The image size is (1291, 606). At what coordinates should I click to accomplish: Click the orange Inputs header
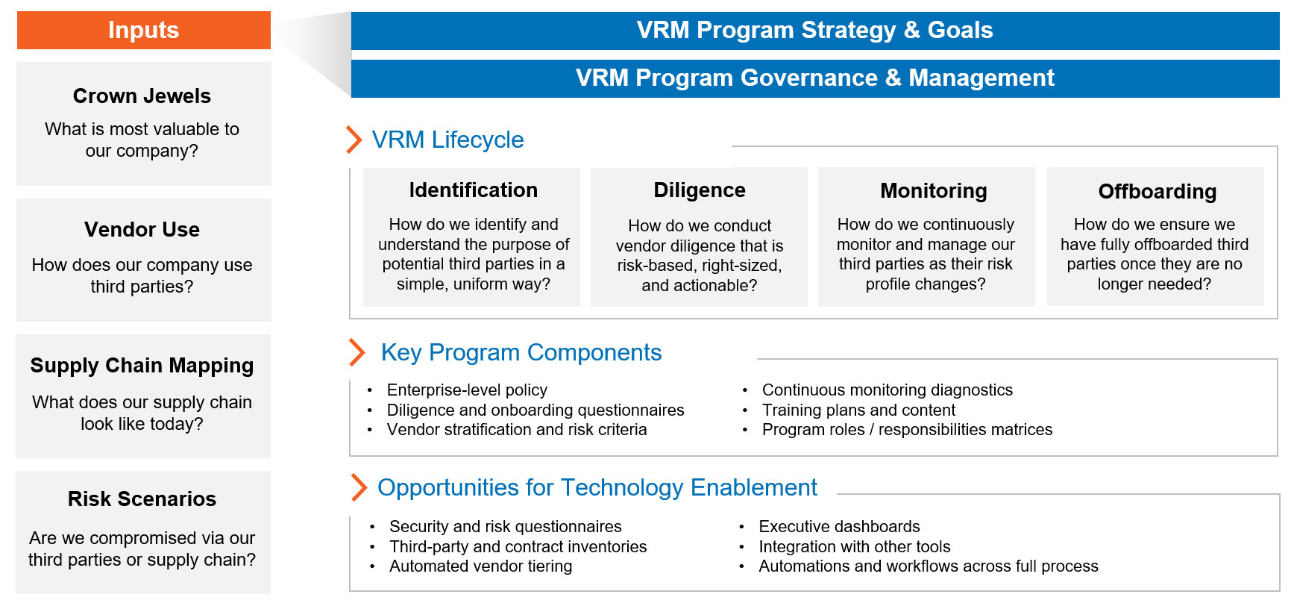coord(143,31)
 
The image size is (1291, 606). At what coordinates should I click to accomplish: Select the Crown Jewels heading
coord(142,96)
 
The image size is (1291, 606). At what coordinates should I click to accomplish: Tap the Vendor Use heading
coord(142,230)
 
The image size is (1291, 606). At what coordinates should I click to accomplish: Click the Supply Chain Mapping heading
coord(142,366)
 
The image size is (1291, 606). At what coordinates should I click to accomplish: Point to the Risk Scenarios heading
coord(142,499)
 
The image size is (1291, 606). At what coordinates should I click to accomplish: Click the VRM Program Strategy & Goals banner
coord(814,31)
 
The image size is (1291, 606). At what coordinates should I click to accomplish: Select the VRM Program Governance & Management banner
coord(814,78)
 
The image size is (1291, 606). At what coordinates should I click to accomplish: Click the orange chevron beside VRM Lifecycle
coord(354,140)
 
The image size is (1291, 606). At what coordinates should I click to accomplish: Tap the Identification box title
coord(473,190)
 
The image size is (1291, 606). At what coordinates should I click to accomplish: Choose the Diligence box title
coord(699,190)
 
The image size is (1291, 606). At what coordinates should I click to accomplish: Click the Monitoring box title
coord(933,191)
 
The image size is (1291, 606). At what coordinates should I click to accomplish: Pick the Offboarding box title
coord(1157,192)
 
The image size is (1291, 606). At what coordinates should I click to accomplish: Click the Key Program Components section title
coord(521,352)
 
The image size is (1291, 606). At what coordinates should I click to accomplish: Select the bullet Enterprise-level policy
coord(467,390)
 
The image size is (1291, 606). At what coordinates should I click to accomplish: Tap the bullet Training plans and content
coord(858,410)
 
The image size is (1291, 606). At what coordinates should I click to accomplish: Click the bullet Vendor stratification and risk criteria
coord(516,430)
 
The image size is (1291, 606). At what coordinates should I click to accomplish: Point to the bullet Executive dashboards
coord(839,527)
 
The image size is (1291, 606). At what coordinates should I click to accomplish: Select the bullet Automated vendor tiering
coord(480,566)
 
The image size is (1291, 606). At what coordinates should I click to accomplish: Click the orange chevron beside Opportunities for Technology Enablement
coord(359,487)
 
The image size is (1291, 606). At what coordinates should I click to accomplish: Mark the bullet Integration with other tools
coord(854,547)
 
